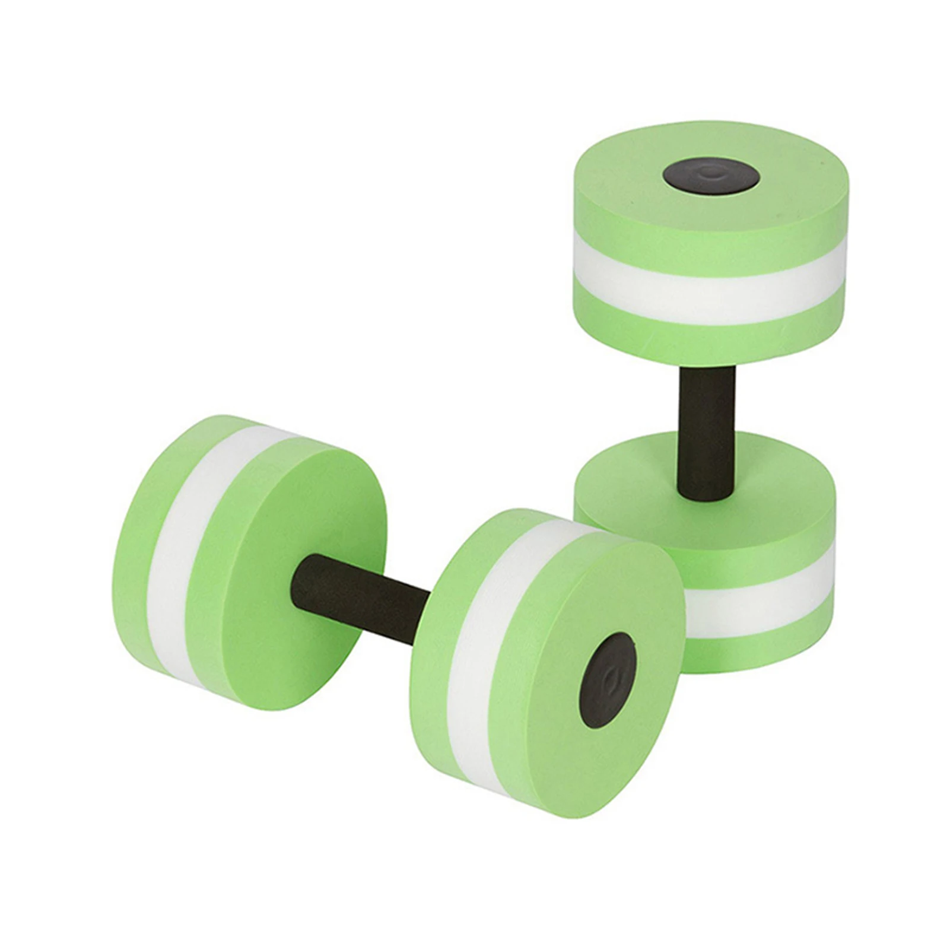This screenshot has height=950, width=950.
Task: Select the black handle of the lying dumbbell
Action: tap(362, 599)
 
